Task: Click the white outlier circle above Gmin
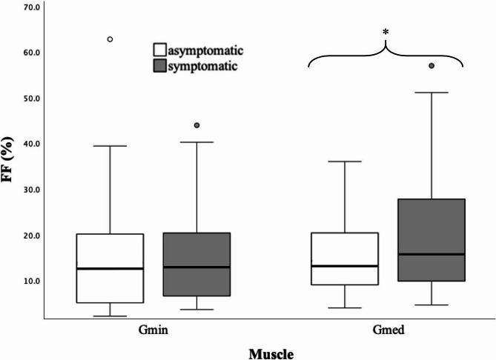[110, 39]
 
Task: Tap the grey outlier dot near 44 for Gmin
[196, 125]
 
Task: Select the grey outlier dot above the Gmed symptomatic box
[431, 66]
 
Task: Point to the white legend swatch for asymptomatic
[159, 50]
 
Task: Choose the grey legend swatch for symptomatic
[159, 66]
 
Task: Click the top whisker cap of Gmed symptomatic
[431, 93]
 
